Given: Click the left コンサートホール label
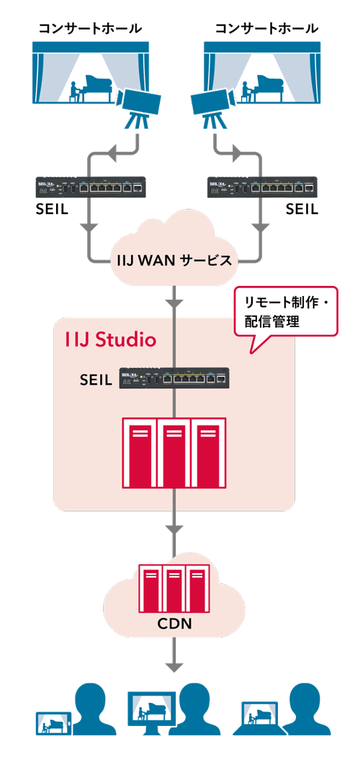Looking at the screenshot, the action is coord(90,29).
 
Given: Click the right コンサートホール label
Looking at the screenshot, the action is coord(266,29).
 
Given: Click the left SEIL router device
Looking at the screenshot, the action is coord(91,187).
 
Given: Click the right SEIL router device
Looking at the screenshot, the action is coord(261,187).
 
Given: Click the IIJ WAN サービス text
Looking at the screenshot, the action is coord(174,261).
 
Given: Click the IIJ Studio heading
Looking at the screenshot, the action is coord(111,339).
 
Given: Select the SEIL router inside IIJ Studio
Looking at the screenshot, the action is coord(174,378).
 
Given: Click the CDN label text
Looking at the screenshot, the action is coord(175,624).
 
